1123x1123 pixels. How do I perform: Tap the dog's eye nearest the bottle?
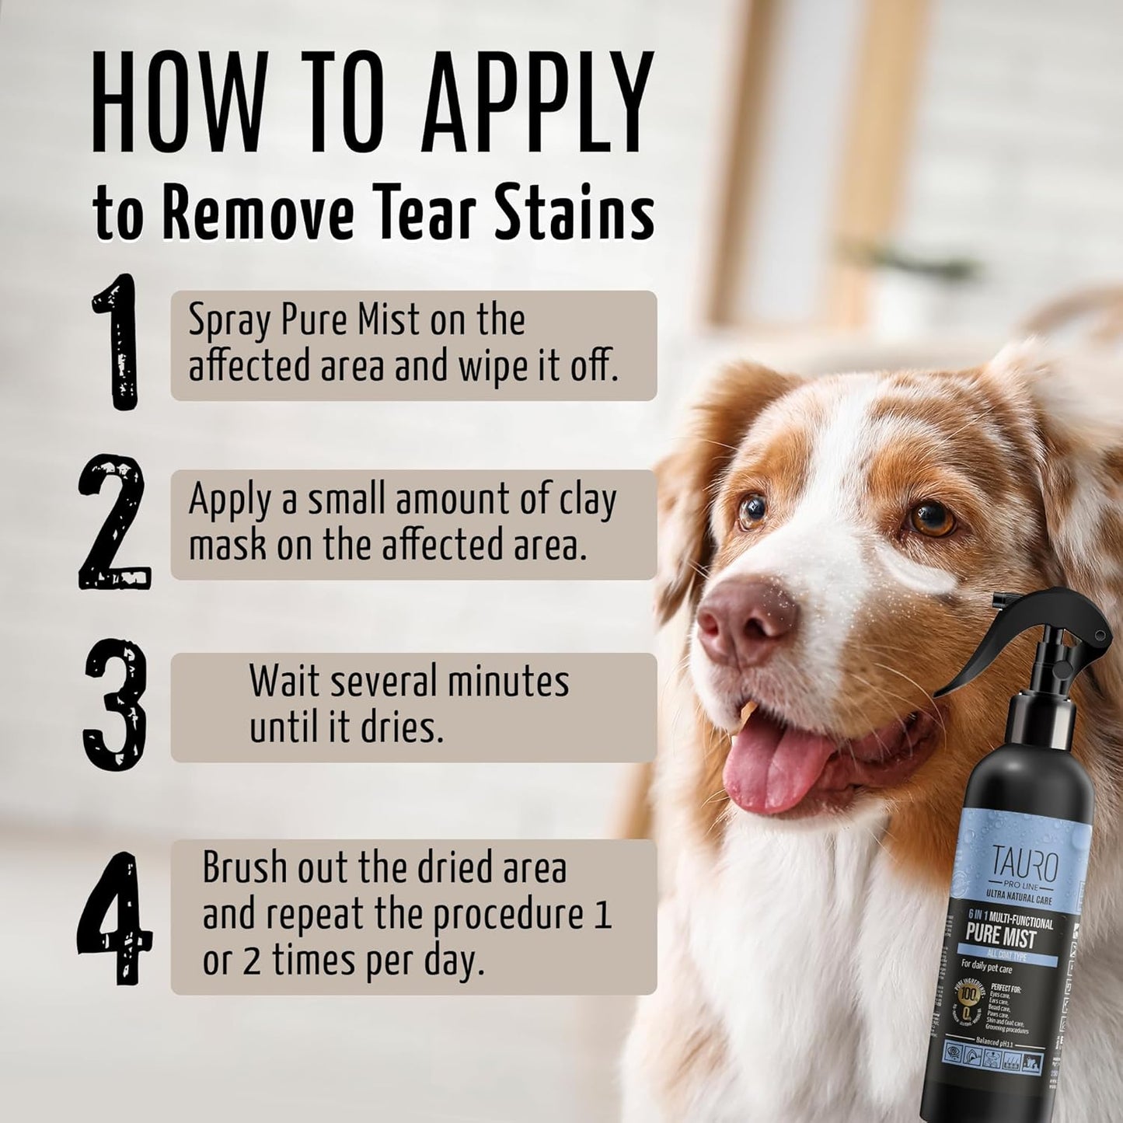click(x=931, y=518)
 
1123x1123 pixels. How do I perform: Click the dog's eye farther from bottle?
click(x=752, y=510)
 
